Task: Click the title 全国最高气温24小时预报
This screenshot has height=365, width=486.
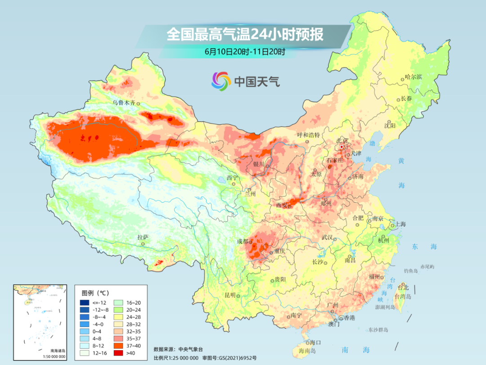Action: pos(245,34)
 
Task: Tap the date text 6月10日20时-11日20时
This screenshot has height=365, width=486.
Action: pos(245,51)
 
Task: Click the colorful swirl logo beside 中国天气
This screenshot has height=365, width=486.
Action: pos(221,81)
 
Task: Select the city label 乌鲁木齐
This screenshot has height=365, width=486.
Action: pos(124,103)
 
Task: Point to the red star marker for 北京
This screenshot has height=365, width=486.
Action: pos(342,147)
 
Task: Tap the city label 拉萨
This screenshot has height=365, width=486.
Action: pos(143,237)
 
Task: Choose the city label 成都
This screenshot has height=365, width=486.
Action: pos(243,241)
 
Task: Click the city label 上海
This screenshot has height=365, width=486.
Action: pos(400,224)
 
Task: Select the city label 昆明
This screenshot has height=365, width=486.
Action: pos(229,295)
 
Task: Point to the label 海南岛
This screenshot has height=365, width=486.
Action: pos(308,350)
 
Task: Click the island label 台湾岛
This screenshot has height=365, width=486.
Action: pos(403,297)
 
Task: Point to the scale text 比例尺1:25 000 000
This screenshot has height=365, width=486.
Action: pos(175,358)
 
